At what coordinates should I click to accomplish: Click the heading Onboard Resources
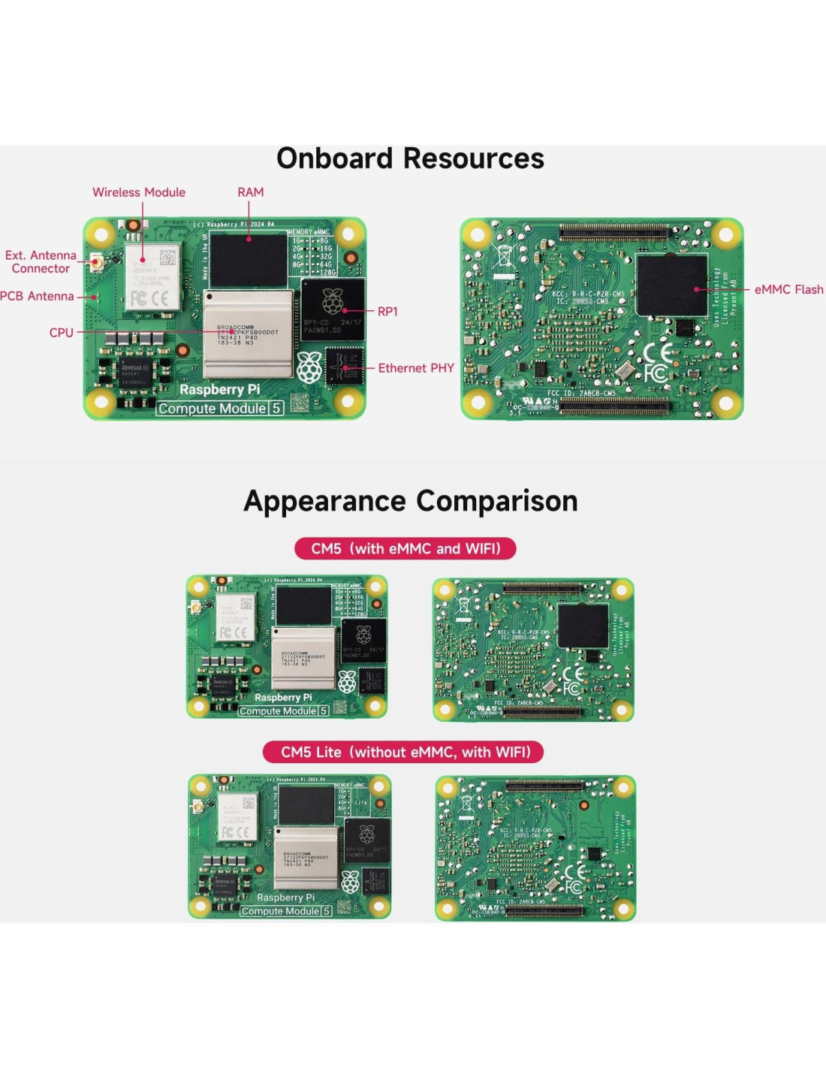pos(410,158)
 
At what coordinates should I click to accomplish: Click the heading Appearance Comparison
pos(411,501)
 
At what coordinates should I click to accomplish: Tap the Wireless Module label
pos(139,192)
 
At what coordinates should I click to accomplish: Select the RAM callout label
pos(251,192)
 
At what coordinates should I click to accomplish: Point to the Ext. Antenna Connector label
pos(41,262)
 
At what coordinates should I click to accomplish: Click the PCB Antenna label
pos(37,296)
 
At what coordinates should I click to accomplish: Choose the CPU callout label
pos(62,333)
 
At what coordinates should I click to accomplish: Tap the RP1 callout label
pos(387,312)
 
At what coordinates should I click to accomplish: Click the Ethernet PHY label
pos(416,368)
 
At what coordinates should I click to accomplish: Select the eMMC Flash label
pos(788,289)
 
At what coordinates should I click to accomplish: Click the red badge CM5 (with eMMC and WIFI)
pos(405,548)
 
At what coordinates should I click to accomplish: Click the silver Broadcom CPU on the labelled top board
pos(248,334)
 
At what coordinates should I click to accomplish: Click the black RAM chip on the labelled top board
pos(249,260)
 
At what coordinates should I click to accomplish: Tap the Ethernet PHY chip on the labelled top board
pos(344,367)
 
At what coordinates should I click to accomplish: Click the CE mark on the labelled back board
pos(658,351)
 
